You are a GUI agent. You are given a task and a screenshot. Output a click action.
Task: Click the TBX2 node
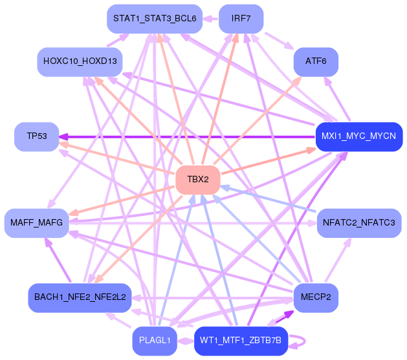(x=198, y=179)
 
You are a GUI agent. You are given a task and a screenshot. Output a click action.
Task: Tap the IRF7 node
(x=241, y=18)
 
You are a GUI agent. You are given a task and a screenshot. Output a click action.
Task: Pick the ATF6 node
(x=315, y=61)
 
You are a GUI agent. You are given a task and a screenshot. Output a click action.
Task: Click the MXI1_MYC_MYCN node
(x=358, y=136)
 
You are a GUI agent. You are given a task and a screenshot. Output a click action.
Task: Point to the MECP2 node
(x=315, y=298)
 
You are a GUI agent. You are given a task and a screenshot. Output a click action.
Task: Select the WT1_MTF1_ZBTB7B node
(x=241, y=341)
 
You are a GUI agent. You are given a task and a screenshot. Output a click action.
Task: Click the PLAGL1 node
(x=155, y=341)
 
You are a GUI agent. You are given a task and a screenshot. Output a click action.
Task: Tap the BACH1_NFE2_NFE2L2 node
(x=80, y=298)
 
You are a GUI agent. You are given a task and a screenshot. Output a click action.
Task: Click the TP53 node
(x=37, y=136)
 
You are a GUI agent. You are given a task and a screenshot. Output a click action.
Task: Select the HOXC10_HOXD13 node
(x=80, y=61)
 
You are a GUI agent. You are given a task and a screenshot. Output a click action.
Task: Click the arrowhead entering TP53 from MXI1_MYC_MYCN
(x=65, y=136)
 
